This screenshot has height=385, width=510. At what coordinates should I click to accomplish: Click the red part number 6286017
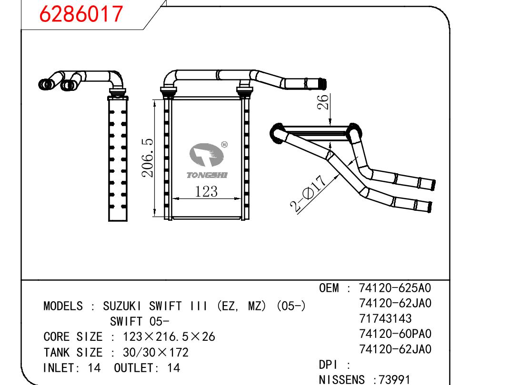tap(81, 14)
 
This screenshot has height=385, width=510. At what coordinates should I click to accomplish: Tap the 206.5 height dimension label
tap(148, 158)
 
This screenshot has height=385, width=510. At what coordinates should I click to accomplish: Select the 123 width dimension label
tap(206, 191)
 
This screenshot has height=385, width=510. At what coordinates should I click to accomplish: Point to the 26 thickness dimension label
tap(323, 102)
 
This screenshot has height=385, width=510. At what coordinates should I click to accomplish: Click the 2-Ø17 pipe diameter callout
tap(308, 194)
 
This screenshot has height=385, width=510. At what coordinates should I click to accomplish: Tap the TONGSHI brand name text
tap(207, 175)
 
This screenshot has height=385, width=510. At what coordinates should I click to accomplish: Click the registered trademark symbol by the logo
tap(224, 145)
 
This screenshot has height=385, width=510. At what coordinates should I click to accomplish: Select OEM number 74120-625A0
tap(395, 288)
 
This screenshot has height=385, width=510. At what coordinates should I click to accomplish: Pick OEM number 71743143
tap(385, 319)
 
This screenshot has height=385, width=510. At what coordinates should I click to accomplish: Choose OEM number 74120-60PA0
tap(395, 334)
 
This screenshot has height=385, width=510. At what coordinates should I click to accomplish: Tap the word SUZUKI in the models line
tap(122, 306)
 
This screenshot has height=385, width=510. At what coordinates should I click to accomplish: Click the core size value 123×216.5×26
tap(169, 337)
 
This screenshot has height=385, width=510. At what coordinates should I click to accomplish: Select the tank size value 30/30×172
tap(156, 353)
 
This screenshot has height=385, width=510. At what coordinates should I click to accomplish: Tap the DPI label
tap(328, 365)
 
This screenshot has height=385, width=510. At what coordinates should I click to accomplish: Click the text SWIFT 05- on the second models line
tap(140, 322)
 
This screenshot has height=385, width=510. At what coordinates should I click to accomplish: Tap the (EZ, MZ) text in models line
tap(240, 306)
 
